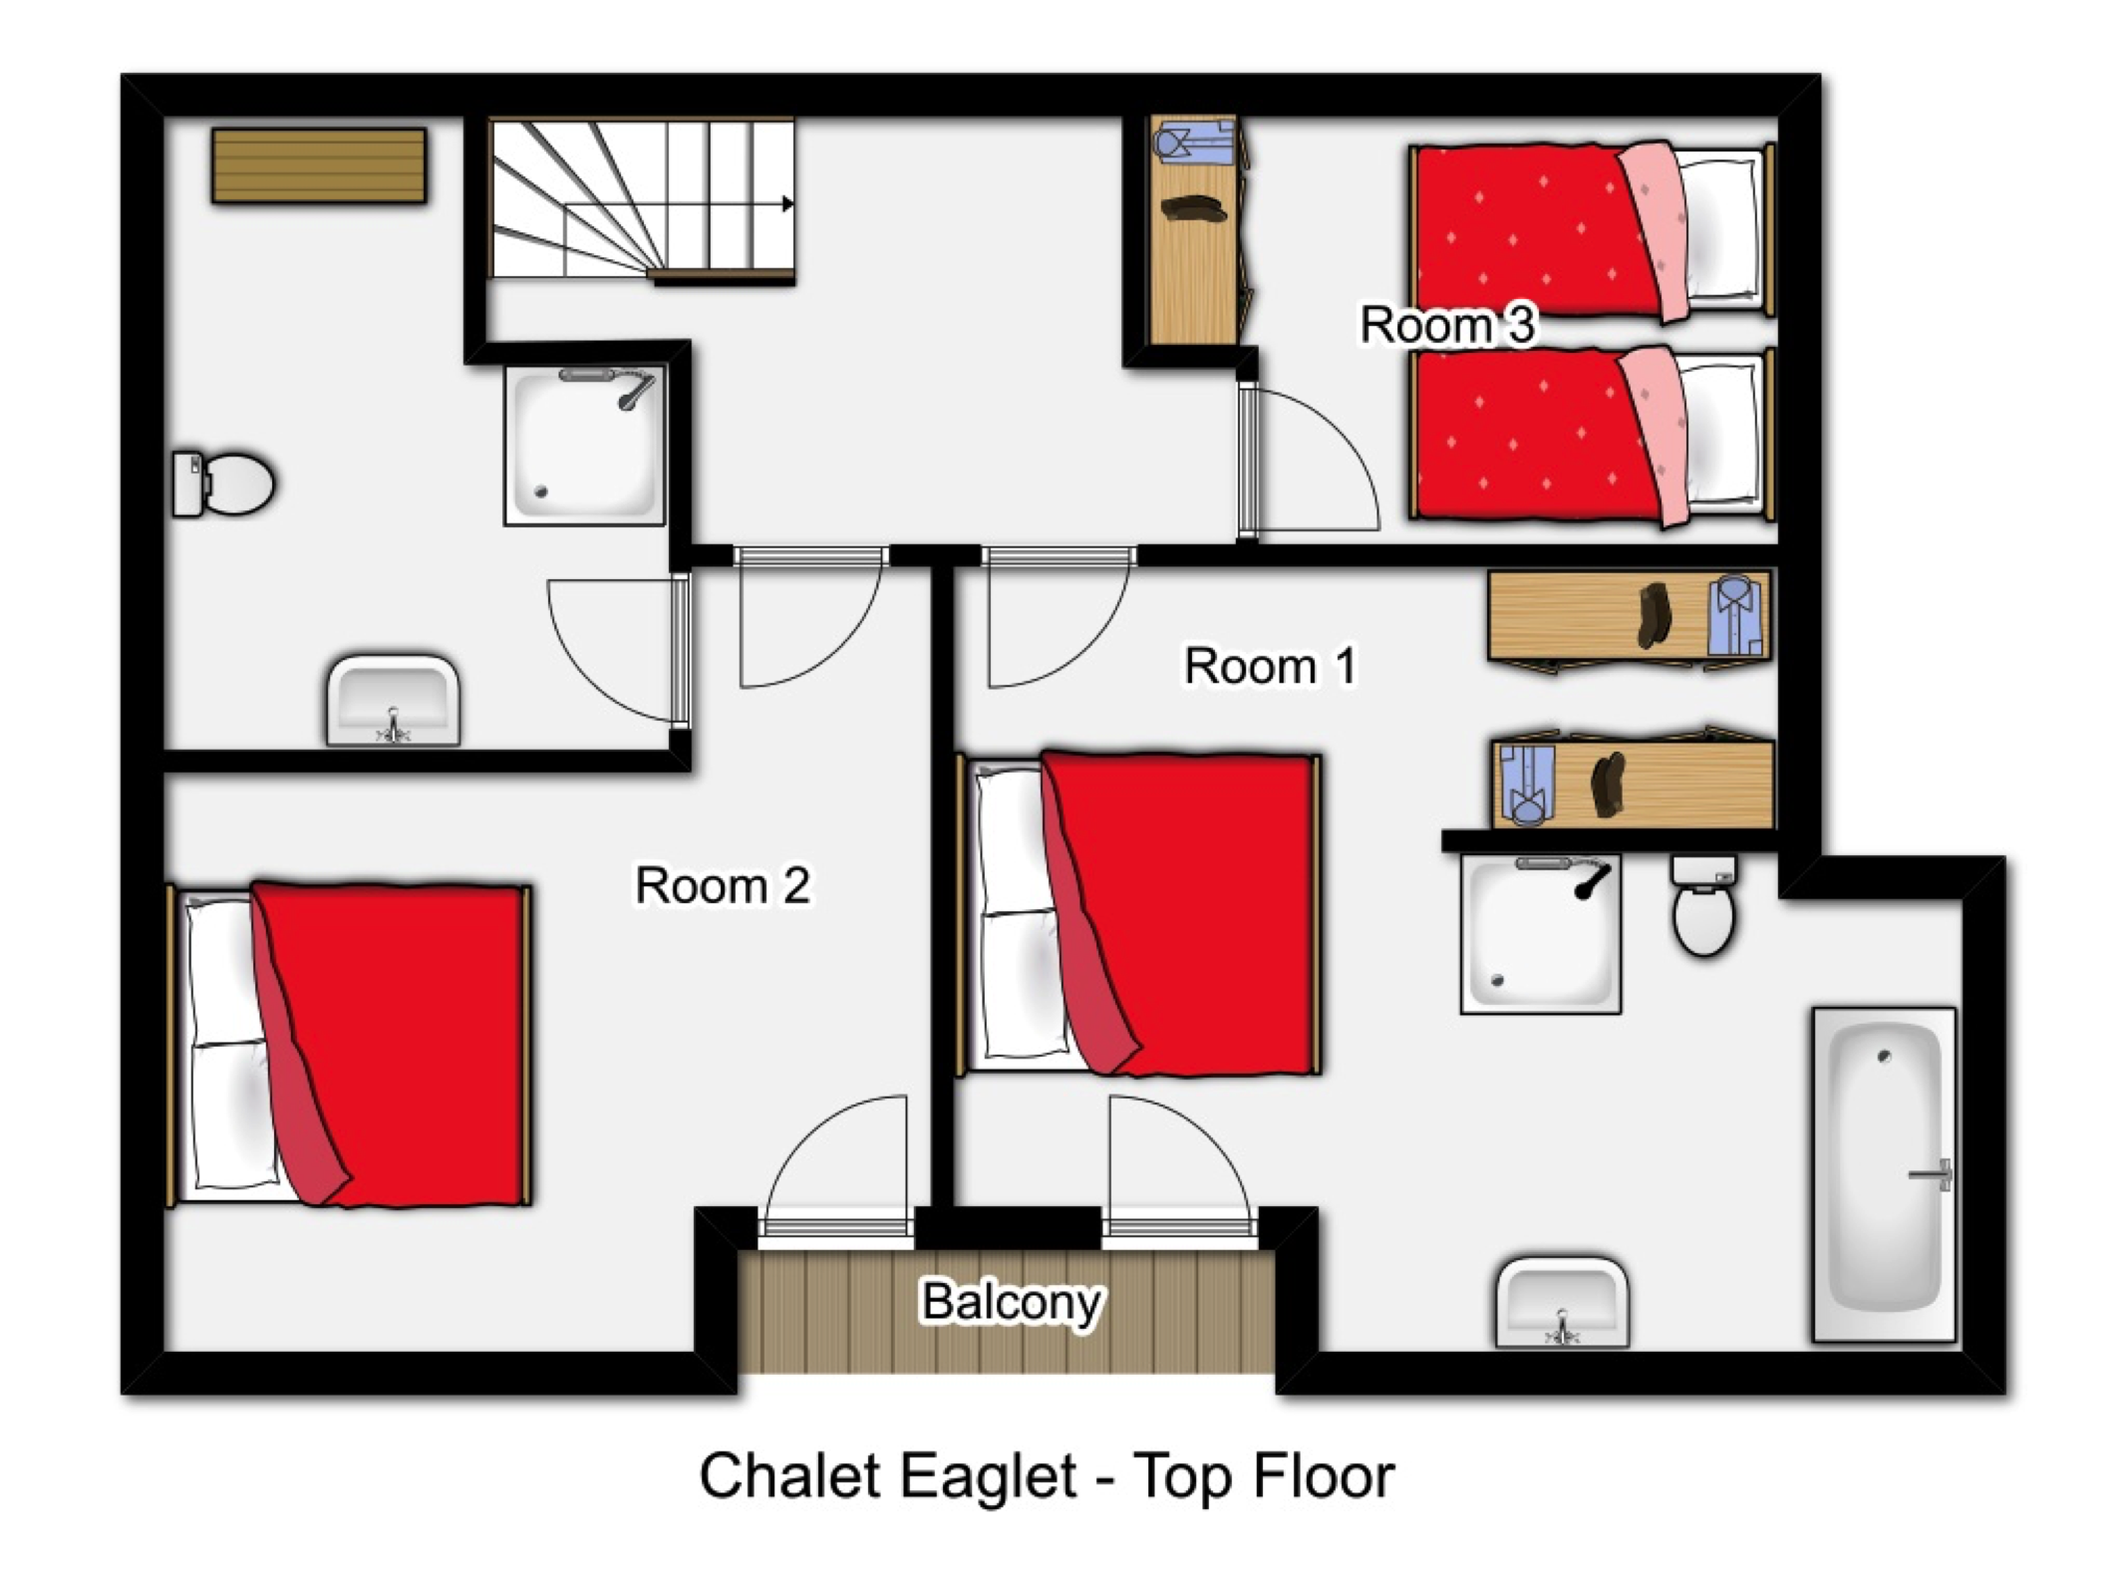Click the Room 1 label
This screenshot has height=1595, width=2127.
pos(1270,666)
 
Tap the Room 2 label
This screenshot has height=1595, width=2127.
pos(723,885)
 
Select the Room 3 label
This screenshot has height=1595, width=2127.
pos(1447,325)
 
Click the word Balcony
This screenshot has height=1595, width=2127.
pos(1011,1301)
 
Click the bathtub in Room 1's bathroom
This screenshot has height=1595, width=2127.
pos(1884,1174)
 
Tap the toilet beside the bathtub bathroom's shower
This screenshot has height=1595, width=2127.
pos(1704,905)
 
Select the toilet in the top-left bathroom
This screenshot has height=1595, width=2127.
pos(223,483)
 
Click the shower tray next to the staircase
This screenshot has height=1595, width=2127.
pos(585,445)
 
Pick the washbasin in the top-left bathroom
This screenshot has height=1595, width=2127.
pos(394,700)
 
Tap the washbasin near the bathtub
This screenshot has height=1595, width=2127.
pos(1562,1303)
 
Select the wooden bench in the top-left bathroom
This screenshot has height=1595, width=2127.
pos(319,165)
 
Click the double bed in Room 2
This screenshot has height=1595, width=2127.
pos(349,1045)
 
